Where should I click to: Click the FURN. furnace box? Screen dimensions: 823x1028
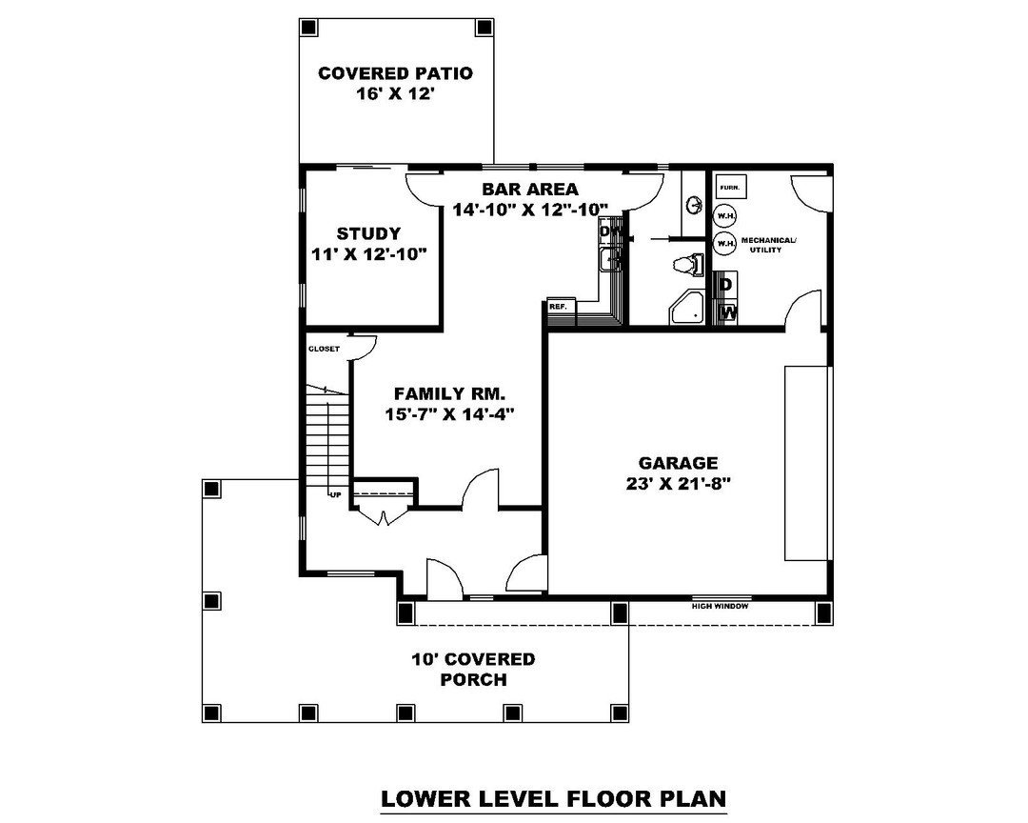coord(731,187)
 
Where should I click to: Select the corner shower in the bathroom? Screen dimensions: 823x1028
coord(687,308)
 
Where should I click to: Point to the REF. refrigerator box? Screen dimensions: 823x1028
coord(559,307)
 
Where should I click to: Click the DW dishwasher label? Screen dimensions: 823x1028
coord(609,231)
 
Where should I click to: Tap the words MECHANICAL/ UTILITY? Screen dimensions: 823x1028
coord(768,244)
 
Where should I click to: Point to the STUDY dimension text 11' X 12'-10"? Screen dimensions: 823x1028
coord(368,254)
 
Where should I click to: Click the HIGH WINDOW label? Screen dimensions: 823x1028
coord(720,606)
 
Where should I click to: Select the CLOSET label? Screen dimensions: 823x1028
coord(324,349)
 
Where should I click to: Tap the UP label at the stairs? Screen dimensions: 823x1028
coord(335,494)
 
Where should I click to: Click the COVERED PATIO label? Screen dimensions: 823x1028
coord(395,73)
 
